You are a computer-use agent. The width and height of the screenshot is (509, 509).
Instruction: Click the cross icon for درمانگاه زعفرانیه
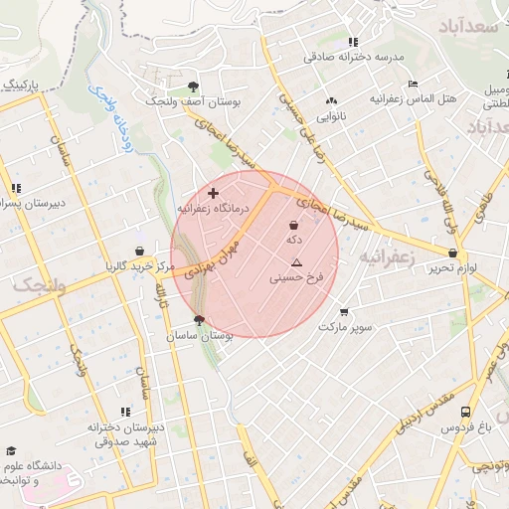[213, 192]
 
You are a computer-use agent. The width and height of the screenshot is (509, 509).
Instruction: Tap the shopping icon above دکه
[294, 225]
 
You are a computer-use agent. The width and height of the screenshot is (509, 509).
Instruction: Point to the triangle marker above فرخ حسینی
[295, 262]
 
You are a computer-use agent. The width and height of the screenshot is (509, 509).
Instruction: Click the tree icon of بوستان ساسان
[199, 320]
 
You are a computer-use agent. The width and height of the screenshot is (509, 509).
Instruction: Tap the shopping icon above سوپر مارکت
[345, 311]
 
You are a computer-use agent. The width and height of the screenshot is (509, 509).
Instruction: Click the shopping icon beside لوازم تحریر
[438, 254]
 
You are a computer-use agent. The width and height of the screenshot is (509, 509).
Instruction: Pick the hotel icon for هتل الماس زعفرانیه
[413, 84]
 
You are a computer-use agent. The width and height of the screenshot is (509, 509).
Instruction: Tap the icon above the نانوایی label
[331, 100]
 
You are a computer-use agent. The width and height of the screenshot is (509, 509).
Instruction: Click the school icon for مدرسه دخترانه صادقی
[353, 43]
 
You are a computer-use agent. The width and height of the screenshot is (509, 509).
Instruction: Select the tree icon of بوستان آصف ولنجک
[192, 86]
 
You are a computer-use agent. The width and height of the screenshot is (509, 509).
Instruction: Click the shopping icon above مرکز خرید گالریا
[139, 251]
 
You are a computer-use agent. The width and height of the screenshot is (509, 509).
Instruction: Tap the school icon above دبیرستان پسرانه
[15, 188]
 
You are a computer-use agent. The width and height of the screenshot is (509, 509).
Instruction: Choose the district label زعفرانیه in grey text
[385, 256]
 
